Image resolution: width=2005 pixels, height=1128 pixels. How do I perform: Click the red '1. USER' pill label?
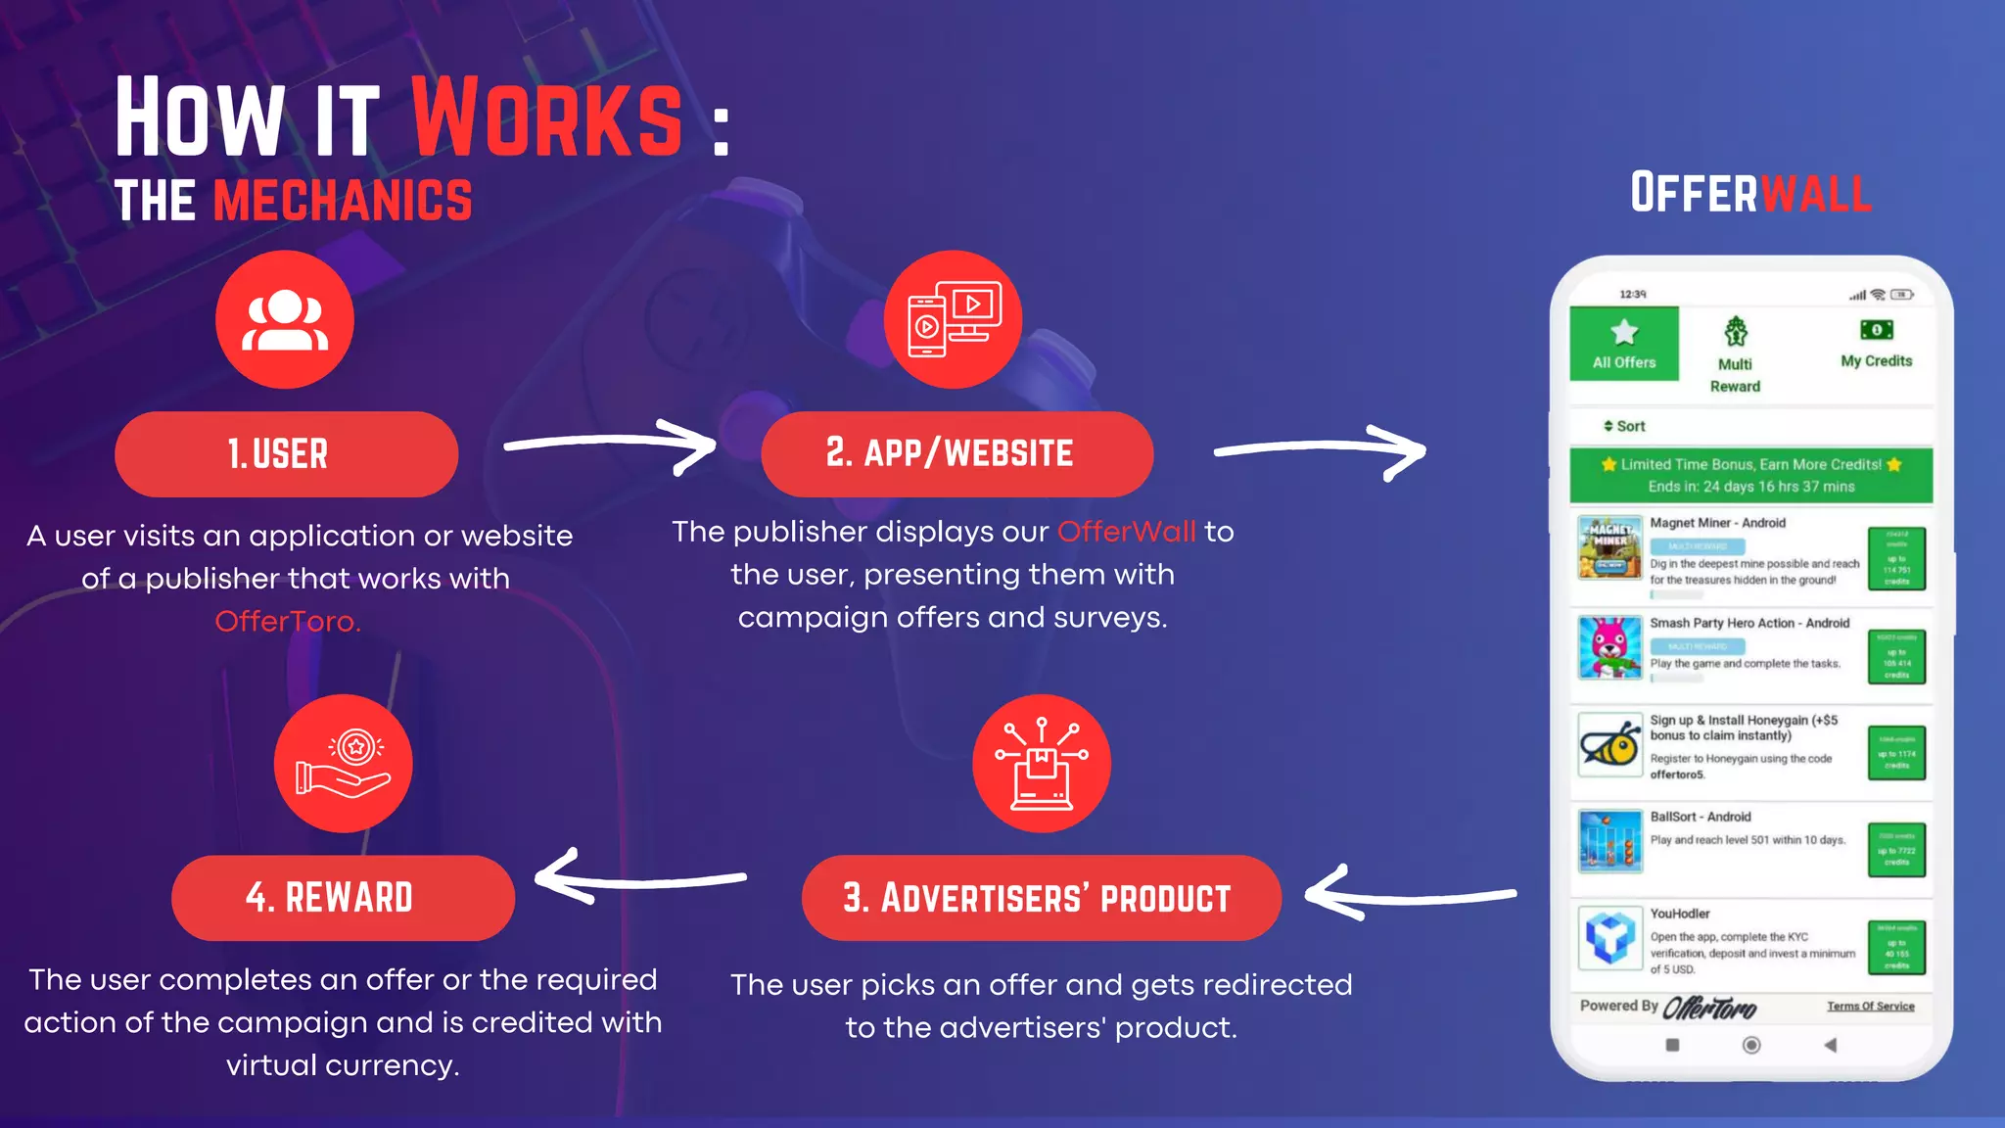coord(286,454)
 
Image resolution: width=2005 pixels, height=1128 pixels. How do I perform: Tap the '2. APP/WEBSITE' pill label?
coord(956,453)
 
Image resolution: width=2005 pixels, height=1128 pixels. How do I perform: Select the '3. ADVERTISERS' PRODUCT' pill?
coord(1041,898)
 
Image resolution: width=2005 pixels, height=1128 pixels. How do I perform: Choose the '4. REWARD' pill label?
coord(343,898)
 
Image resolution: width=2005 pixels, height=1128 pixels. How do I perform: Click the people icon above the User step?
coord(285,320)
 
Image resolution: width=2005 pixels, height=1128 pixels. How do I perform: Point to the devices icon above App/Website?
coord(954,320)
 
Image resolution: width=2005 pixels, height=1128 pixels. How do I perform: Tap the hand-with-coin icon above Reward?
coord(343,764)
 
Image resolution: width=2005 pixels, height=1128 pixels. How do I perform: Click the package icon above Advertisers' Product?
coord(1042,764)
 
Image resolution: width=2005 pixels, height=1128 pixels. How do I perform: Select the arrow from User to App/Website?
coord(609,446)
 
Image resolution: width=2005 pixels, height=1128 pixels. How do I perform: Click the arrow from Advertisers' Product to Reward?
coord(641,876)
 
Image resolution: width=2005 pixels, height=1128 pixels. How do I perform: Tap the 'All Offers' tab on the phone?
coord(1624,344)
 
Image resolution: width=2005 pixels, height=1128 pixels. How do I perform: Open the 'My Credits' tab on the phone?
coord(1876,344)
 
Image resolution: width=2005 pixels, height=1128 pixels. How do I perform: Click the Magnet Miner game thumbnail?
coord(1609,547)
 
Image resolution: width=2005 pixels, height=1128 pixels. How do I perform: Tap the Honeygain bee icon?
coord(1609,745)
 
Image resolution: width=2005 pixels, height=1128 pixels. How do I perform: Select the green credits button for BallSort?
coord(1896,849)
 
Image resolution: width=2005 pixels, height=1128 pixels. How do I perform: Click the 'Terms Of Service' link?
coord(1870,1007)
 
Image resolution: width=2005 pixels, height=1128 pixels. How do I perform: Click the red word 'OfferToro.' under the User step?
coord(288,622)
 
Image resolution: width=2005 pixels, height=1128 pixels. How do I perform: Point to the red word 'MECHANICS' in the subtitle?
coord(343,201)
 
